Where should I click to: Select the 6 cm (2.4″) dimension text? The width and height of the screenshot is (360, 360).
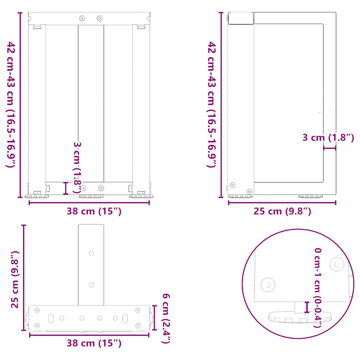point(166,317)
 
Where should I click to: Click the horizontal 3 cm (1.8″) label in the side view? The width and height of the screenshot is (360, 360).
point(328,138)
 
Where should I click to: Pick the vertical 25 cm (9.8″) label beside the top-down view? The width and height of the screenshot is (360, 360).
point(15,279)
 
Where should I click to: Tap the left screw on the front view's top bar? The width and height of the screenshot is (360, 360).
point(82,18)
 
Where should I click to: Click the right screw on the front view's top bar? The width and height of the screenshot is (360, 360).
point(99,18)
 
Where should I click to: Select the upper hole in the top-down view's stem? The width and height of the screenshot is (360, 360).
point(91,253)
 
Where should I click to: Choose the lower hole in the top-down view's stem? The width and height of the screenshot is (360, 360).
point(91,285)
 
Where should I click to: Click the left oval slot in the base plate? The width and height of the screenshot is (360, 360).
point(51,318)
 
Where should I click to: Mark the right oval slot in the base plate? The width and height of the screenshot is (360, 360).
point(125,318)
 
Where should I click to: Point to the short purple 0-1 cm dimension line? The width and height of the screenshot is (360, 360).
point(307,307)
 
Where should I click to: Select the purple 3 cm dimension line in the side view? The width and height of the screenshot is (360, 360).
point(329,148)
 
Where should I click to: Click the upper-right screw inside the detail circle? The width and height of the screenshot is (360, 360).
point(337,264)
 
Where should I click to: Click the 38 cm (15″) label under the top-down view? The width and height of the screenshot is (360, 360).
point(94,343)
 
